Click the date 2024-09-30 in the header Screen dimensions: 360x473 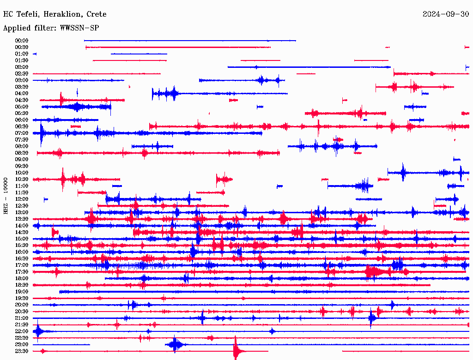pos(445,14)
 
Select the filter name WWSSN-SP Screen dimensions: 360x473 pos(79,28)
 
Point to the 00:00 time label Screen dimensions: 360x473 pos(22,41)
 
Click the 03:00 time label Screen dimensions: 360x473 pos(22,80)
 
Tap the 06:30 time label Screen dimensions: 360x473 pos(22,126)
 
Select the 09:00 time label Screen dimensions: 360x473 pos(22,159)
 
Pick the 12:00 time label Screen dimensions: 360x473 pos(22,199)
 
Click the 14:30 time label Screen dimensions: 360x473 pos(22,232)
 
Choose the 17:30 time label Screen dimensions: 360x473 pos(22,272)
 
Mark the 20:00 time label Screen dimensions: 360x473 pos(22,305)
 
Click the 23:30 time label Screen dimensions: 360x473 pos(22,351)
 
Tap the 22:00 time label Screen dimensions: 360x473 pos(22,331)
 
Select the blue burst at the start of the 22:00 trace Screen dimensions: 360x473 pos(38,331)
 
